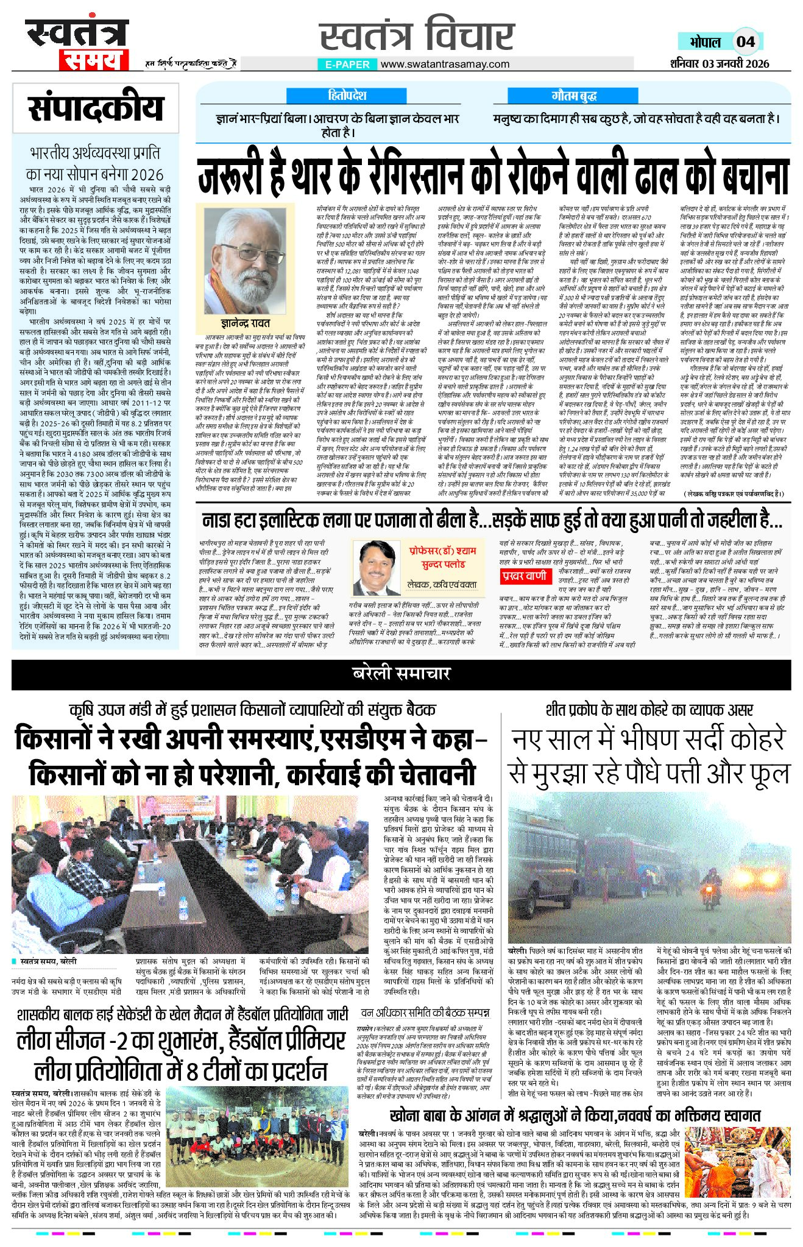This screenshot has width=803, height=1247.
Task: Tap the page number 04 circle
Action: point(746,41)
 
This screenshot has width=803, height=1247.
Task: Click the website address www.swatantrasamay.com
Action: point(445,64)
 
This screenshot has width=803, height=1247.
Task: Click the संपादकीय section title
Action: point(96,108)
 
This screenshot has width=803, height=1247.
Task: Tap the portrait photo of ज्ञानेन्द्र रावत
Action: point(245,258)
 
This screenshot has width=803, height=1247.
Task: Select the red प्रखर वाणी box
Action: point(524,575)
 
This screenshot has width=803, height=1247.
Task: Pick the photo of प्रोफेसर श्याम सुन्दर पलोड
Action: point(377,567)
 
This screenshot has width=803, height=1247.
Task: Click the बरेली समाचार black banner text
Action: point(401,673)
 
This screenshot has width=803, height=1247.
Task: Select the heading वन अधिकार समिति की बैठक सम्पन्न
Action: point(425,1013)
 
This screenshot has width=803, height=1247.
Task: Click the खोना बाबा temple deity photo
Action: point(737,1156)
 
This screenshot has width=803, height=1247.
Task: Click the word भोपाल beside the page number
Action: point(706,42)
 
